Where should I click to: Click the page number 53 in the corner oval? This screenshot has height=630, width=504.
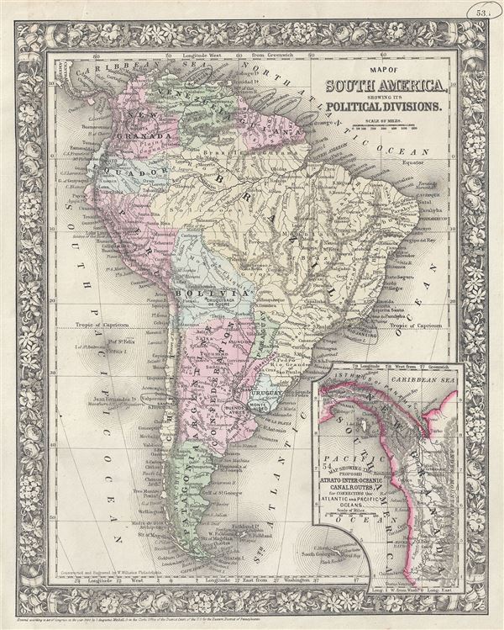tap(480, 12)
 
